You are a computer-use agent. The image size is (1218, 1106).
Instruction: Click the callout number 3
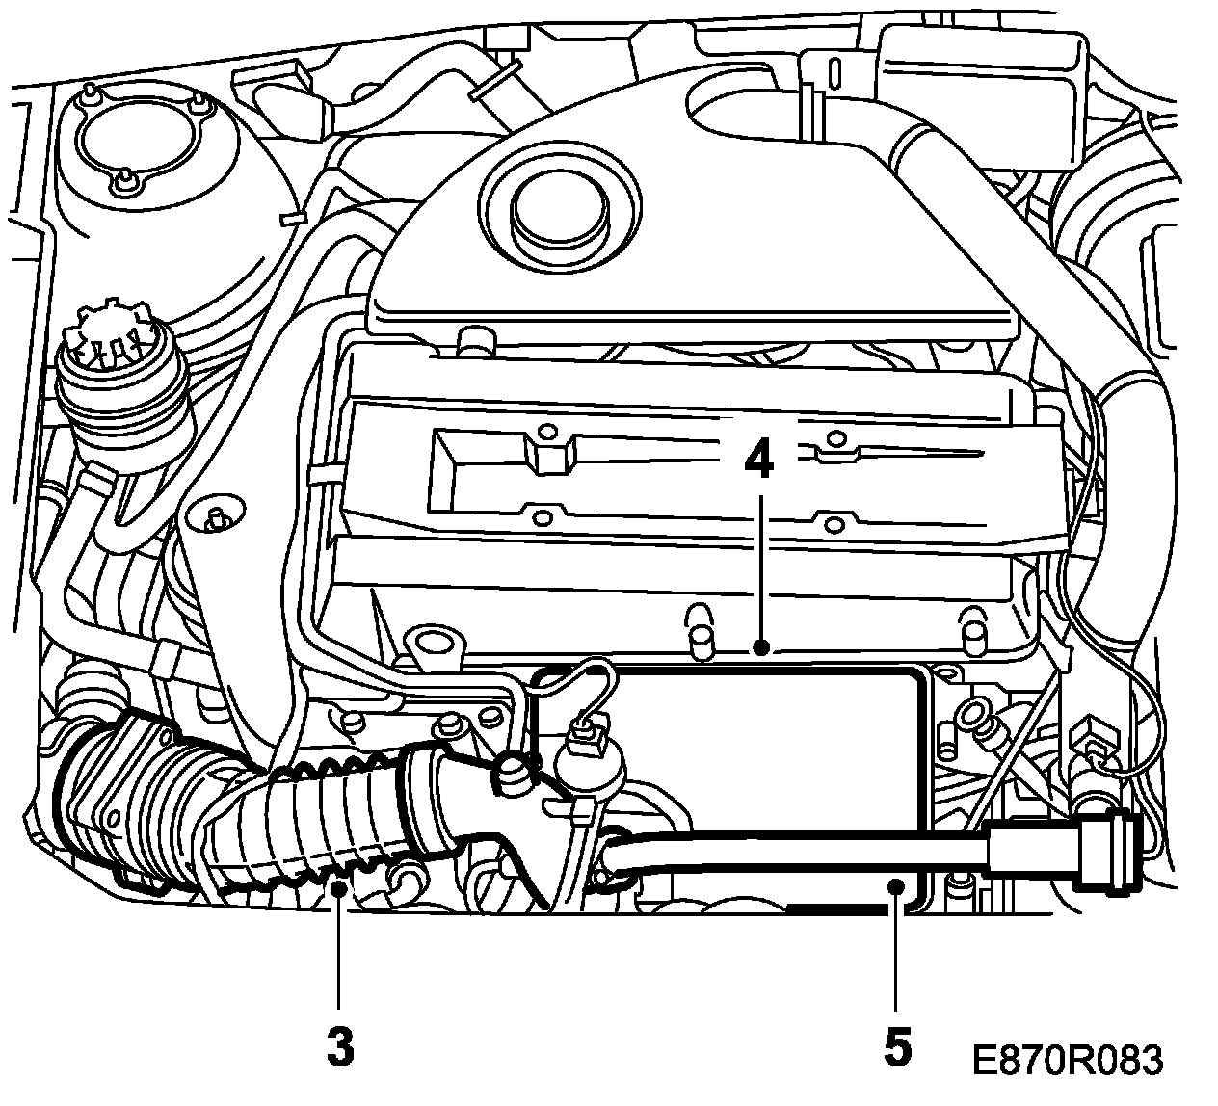point(340,1048)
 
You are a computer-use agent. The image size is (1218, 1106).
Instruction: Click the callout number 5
point(895,1048)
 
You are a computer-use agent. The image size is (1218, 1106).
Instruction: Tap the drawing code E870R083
point(1067,1060)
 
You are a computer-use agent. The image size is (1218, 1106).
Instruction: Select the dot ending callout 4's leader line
point(761,647)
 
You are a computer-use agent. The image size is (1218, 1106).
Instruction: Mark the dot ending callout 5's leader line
point(896,884)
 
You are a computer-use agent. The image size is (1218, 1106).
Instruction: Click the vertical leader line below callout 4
point(761,568)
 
